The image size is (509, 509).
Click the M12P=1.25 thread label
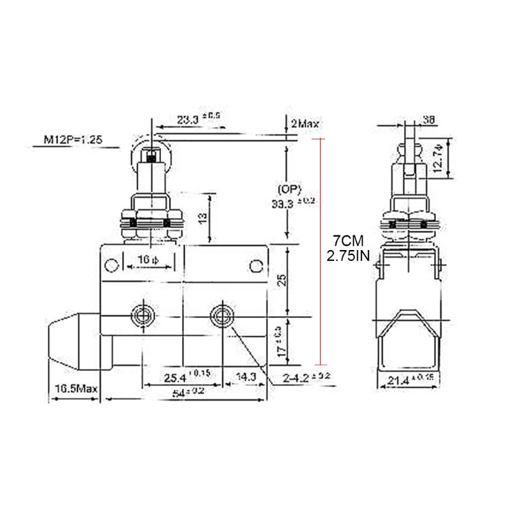71,139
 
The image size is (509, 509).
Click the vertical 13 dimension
203,218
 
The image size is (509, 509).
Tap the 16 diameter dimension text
149,259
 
